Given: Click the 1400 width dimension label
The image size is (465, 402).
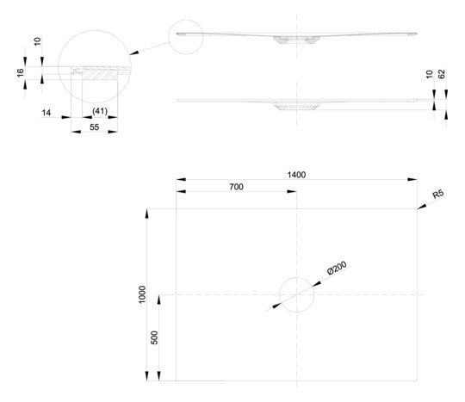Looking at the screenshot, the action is click(x=296, y=175).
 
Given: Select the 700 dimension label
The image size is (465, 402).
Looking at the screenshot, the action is click(x=236, y=187).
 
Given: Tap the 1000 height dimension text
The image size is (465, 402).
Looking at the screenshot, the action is click(x=142, y=294).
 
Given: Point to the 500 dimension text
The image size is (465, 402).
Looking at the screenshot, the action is click(x=154, y=337).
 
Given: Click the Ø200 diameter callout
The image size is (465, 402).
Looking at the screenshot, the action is click(x=337, y=268).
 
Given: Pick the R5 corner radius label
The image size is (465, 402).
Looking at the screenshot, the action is click(x=438, y=194).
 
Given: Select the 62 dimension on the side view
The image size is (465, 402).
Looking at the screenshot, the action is click(x=442, y=74).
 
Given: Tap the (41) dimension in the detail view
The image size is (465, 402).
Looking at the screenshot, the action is click(x=100, y=111).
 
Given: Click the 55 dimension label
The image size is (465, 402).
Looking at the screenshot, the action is click(x=95, y=127).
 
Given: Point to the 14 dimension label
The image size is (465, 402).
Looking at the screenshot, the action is click(x=46, y=113).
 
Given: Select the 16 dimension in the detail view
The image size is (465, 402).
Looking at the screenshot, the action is click(x=20, y=72).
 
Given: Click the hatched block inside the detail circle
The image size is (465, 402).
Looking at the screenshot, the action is click(x=100, y=75).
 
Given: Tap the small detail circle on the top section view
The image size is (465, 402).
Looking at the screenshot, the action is click(x=186, y=20).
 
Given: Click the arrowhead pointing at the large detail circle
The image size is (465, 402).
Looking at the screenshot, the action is click(x=134, y=53).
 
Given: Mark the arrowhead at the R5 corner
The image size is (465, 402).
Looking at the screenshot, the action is click(x=421, y=207).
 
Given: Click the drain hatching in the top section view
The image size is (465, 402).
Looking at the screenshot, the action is click(x=296, y=40).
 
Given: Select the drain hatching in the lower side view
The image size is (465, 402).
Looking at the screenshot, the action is click(x=296, y=107).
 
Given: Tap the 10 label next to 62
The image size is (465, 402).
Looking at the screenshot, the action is click(x=429, y=74).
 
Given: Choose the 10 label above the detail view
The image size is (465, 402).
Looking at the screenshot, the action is click(x=37, y=41).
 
